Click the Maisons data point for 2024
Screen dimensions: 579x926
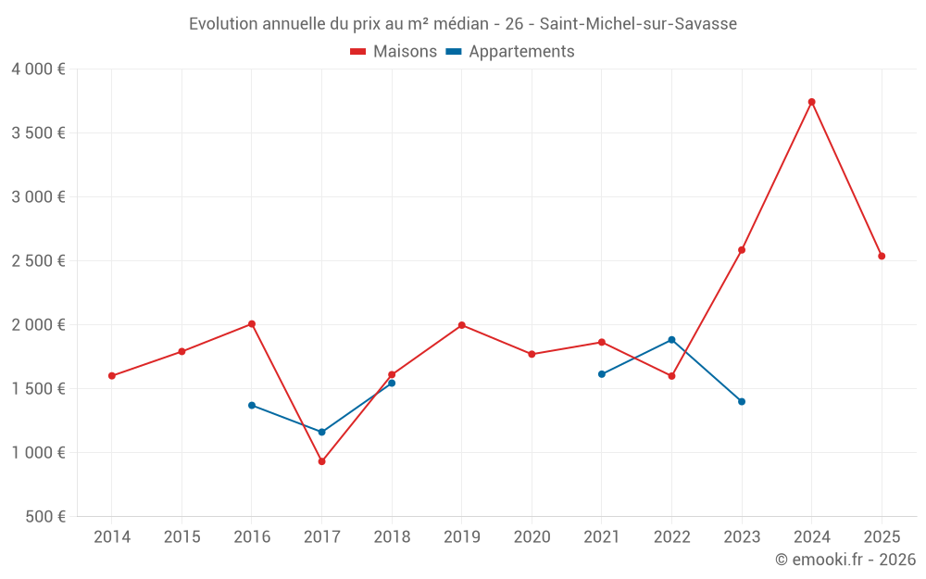[x=811, y=102]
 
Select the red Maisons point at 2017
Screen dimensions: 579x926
[x=321, y=461]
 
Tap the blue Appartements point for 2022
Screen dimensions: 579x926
[x=671, y=340]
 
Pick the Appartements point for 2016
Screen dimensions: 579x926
[x=252, y=405]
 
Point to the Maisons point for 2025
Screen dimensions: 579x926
[x=882, y=257]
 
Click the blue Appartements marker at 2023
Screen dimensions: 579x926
[x=742, y=402]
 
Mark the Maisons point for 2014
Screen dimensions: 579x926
[x=112, y=376]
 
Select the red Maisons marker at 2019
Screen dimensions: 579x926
[x=461, y=325]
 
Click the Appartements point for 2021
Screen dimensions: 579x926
[x=602, y=374]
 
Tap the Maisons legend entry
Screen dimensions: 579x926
[x=394, y=52]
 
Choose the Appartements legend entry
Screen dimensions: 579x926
[x=510, y=52]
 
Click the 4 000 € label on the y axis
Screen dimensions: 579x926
[x=38, y=69]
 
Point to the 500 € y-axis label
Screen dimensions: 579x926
[x=44, y=517]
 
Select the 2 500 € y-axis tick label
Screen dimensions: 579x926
[x=38, y=261]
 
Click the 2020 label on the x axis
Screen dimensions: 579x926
[x=532, y=537]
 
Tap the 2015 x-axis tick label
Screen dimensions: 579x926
[x=181, y=537]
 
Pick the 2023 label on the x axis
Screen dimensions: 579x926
[x=742, y=537]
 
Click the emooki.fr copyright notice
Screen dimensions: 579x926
[x=845, y=560]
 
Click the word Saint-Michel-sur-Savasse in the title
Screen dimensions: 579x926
[x=638, y=24]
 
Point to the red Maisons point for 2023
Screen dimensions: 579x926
[x=742, y=250]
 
